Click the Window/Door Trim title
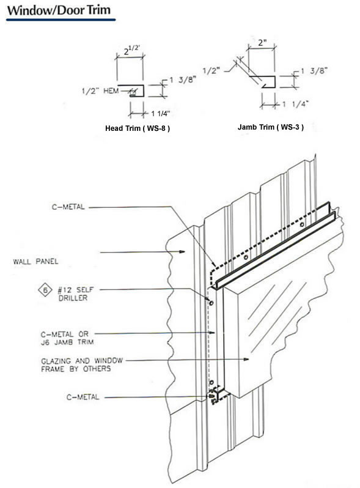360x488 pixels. (59, 10)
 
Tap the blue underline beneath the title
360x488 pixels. (61, 20)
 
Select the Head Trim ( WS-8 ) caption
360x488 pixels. (138, 128)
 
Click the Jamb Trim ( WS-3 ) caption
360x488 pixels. (271, 127)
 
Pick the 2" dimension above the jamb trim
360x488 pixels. (263, 43)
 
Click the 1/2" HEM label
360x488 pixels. (100, 91)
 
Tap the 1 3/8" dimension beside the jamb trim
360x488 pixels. (314, 71)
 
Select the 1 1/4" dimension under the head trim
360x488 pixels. (161, 114)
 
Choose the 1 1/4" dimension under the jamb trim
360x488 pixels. (295, 104)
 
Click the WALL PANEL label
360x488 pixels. (35, 261)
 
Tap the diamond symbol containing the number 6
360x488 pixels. (45, 290)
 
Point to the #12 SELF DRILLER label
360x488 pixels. (76, 294)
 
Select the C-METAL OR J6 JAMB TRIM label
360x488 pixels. (67, 338)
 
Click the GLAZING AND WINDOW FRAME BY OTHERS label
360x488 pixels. (82, 364)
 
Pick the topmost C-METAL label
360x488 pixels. (68, 207)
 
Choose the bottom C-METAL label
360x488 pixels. (83, 397)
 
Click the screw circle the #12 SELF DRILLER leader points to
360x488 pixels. (211, 303)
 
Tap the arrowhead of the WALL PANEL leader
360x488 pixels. (183, 251)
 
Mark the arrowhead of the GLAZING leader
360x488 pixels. (246, 359)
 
